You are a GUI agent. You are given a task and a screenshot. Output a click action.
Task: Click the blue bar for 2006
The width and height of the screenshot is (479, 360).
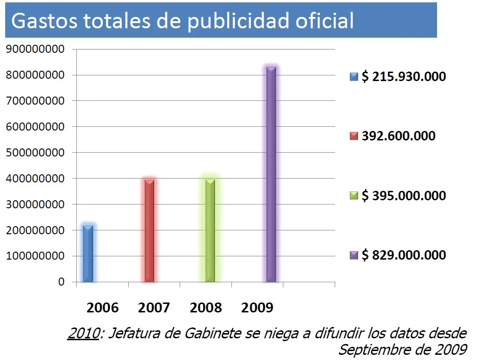click(88, 254)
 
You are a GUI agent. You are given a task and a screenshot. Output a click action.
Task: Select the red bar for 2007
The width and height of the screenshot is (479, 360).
click(149, 231)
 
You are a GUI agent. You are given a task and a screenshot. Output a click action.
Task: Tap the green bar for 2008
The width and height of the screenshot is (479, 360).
click(210, 230)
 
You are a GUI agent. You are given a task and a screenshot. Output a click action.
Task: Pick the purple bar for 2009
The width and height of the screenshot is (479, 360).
click(271, 174)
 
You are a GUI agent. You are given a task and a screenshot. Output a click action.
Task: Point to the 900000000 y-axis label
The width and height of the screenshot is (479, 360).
click(35, 49)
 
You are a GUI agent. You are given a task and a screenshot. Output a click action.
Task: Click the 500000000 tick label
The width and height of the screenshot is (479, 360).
click(35, 152)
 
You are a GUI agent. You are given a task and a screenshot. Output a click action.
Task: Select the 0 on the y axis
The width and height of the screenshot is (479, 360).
click(61, 281)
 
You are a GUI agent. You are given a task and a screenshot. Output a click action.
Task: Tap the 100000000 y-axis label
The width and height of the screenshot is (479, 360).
click(35, 256)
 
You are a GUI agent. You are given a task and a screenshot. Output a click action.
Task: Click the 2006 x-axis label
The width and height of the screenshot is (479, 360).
click(102, 308)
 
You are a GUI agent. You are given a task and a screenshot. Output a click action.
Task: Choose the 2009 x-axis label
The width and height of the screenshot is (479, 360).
click(257, 308)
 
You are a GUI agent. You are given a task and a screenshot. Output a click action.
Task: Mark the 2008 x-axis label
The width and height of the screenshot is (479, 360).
click(206, 308)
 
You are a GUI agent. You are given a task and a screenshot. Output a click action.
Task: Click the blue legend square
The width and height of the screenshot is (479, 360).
click(354, 77)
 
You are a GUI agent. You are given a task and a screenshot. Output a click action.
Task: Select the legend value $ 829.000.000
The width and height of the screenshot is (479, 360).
click(404, 255)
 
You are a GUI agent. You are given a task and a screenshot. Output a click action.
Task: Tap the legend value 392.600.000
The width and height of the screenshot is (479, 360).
click(398, 136)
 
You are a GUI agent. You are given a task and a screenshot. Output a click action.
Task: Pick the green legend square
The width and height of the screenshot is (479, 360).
click(354, 196)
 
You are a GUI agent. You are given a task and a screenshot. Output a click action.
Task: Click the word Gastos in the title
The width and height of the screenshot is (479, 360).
click(44, 21)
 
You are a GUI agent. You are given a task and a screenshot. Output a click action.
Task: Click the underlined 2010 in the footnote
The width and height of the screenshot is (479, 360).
click(84, 333)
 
